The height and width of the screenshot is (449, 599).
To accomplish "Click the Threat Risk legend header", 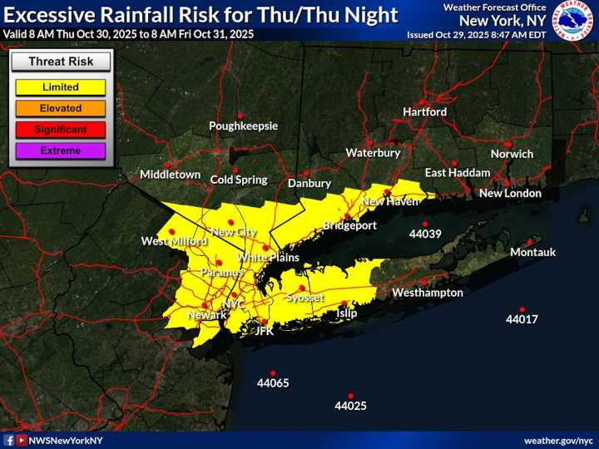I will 59,62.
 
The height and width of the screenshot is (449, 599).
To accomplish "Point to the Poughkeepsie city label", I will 243,126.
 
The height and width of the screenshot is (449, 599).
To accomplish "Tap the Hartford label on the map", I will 424,111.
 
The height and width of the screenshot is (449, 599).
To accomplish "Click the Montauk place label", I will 532,252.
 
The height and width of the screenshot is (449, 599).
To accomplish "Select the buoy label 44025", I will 350,407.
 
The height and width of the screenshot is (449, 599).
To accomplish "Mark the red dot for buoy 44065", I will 273,373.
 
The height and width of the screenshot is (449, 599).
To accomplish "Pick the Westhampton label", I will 427,293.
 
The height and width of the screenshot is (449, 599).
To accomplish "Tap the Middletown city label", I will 170,175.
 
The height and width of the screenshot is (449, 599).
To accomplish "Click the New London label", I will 510,194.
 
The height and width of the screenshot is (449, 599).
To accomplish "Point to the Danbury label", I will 309,183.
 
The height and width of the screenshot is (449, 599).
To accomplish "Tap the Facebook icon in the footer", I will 9,440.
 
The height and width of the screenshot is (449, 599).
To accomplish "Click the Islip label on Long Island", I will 346,313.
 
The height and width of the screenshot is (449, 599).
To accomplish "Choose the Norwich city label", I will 511,154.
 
